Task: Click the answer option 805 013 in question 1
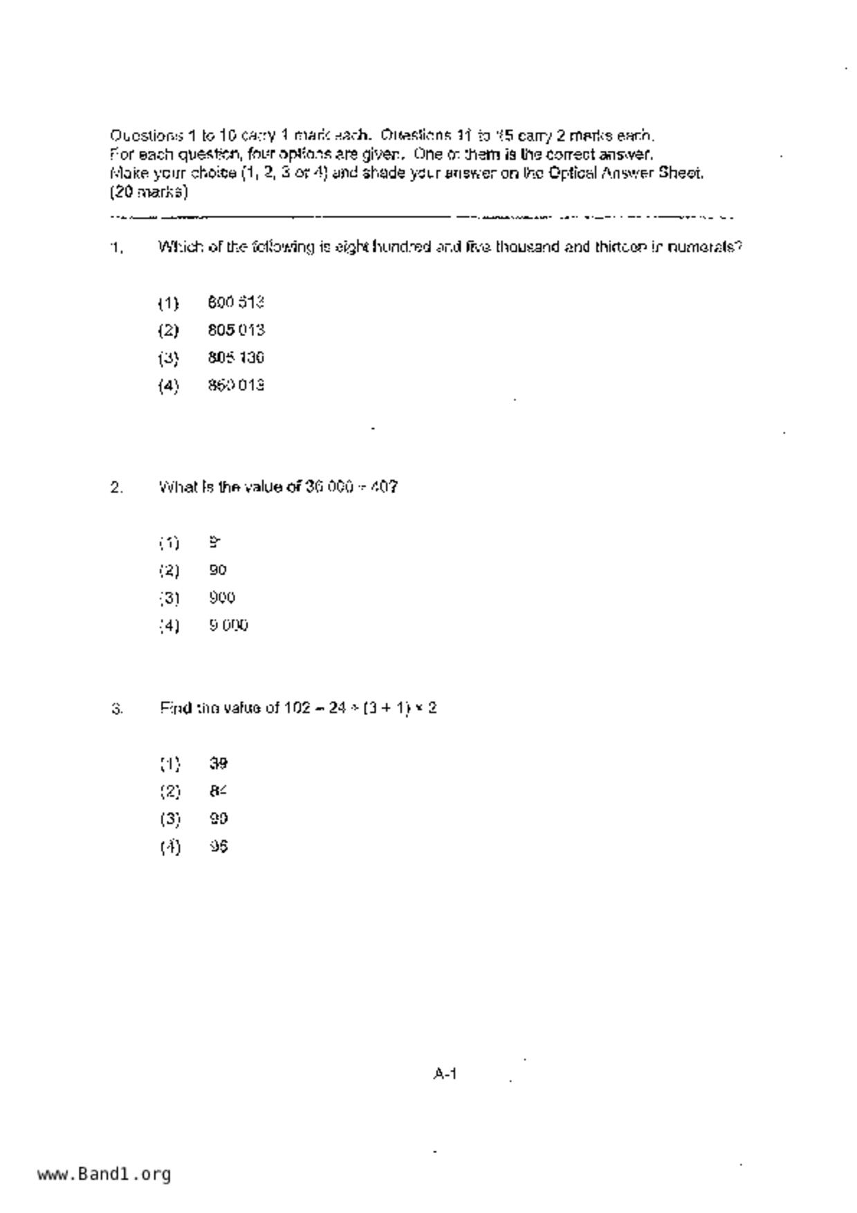pyautogui.click(x=236, y=330)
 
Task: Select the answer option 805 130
pyautogui.click(x=236, y=358)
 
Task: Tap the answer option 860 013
pyautogui.click(x=236, y=385)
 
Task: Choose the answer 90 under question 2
pyautogui.click(x=218, y=570)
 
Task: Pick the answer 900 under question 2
pyautogui.click(x=222, y=598)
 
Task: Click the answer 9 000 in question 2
pyautogui.click(x=228, y=625)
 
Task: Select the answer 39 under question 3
pyautogui.click(x=219, y=763)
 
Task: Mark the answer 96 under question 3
pyautogui.click(x=219, y=846)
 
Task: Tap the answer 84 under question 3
pyautogui.click(x=219, y=791)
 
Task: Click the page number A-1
pyautogui.click(x=445, y=1074)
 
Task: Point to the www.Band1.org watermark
pyautogui.click(x=104, y=1174)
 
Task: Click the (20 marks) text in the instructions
pyautogui.click(x=149, y=192)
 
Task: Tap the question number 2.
pyautogui.click(x=116, y=488)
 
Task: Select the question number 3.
pyautogui.click(x=116, y=709)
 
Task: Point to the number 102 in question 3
pyautogui.click(x=297, y=708)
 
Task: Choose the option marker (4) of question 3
pyautogui.click(x=169, y=847)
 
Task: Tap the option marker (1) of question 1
pyautogui.click(x=168, y=303)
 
